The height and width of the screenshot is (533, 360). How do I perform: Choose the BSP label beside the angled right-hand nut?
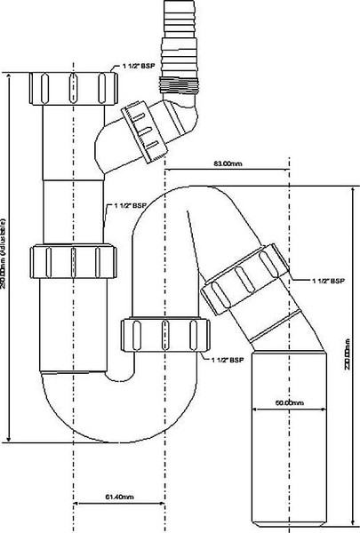click(x=324, y=282)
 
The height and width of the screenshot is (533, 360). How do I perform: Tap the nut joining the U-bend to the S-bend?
click(x=158, y=336)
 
